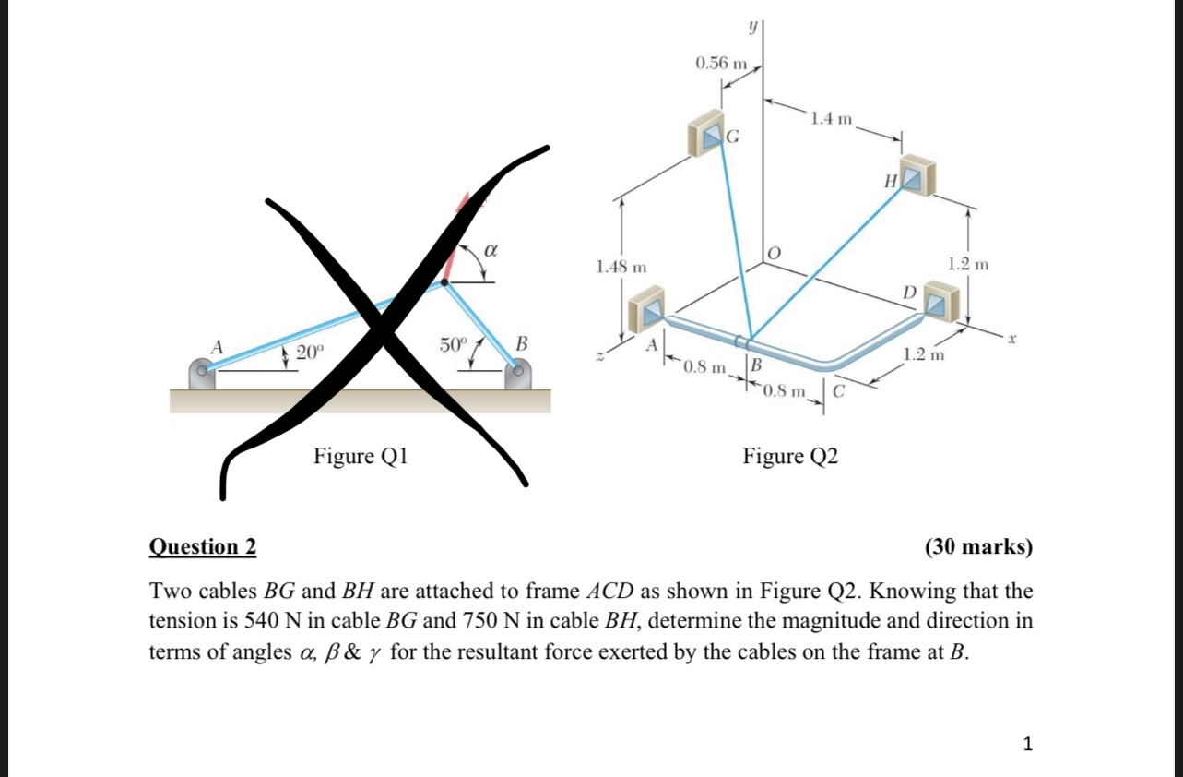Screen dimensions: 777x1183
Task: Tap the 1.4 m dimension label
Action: [832, 118]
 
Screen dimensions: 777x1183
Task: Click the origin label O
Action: [775, 253]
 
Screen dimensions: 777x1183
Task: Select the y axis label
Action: [752, 29]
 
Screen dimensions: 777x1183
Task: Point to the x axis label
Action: [1012, 341]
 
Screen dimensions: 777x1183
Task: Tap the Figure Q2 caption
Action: [791, 456]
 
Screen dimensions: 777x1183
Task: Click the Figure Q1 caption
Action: [361, 456]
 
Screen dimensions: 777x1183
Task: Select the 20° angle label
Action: [311, 351]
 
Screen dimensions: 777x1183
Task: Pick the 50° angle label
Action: [454, 345]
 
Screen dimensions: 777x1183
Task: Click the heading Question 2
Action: [203, 546]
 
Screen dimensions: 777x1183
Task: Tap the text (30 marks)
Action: [977, 546]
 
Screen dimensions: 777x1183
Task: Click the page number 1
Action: [1029, 743]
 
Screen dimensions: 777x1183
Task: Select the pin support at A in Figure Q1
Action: [202, 374]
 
